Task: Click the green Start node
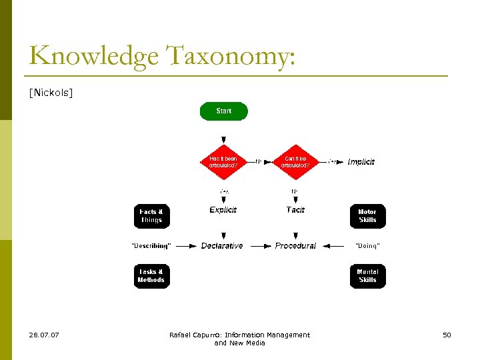click(224, 111)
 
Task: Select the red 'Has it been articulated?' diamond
click(223, 161)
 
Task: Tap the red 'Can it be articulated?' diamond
click(295, 161)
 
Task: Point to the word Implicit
click(361, 161)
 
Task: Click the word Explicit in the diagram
click(223, 209)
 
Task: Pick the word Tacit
click(295, 209)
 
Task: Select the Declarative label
click(222, 246)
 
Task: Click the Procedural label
click(295, 246)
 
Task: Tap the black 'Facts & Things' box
click(151, 216)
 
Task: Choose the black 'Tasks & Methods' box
click(151, 276)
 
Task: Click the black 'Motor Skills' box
click(367, 216)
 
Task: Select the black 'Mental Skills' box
click(367, 276)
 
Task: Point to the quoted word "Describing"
click(151, 246)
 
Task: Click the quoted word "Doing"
click(367, 246)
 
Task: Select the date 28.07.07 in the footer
click(44, 335)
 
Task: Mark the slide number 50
click(447, 335)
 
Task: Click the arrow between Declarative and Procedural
click(259, 246)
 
